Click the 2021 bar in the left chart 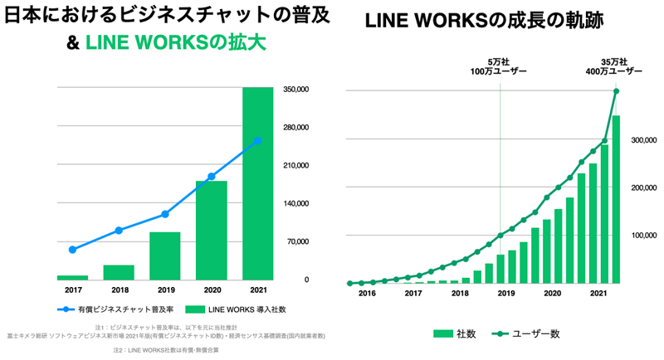257,182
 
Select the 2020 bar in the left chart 211,230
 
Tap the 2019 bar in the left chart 165,255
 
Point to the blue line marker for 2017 72,249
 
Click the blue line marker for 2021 257,140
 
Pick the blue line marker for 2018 119,230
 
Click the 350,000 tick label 296,89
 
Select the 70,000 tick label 296,241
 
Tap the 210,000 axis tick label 296,165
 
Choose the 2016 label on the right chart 366,293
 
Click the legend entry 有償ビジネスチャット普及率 113,309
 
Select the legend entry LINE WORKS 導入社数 236,309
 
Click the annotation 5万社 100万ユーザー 500,67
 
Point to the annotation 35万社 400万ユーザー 616,67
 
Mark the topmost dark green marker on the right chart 616,91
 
